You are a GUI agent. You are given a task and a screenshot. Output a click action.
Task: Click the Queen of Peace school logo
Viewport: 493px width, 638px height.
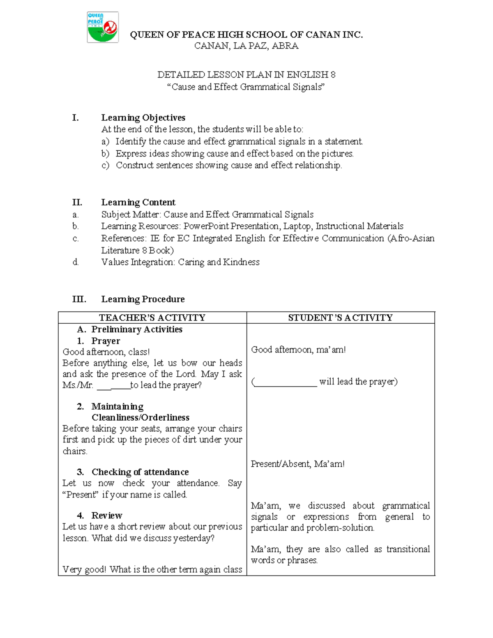[x=103, y=27]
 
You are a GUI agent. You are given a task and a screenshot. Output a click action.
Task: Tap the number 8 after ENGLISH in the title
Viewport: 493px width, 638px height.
[x=333, y=75]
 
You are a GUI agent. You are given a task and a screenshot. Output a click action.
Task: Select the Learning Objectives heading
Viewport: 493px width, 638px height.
[x=143, y=118]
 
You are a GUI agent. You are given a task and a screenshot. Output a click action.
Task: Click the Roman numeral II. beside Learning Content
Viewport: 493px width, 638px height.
[x=77, y=203]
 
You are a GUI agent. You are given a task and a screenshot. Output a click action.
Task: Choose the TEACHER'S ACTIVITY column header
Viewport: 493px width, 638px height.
[x=152, y=318]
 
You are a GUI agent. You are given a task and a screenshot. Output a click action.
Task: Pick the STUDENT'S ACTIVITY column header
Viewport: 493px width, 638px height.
[x=340, y=318]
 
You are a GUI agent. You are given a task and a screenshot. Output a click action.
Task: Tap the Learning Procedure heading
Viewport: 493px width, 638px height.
[x=143, y=299]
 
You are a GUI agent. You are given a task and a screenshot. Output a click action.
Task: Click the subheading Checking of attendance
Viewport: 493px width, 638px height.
[x=140, y=472]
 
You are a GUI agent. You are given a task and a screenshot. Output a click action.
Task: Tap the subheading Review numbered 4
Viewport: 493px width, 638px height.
[x=106, y=516]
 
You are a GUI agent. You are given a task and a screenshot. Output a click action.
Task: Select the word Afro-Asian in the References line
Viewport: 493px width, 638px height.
[x=411, y=239]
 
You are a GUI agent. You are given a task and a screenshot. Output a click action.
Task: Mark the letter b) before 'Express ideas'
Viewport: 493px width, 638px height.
[x=106, y=154]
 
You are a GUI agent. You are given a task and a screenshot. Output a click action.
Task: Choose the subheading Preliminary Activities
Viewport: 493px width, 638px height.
[x=136, y=329]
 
